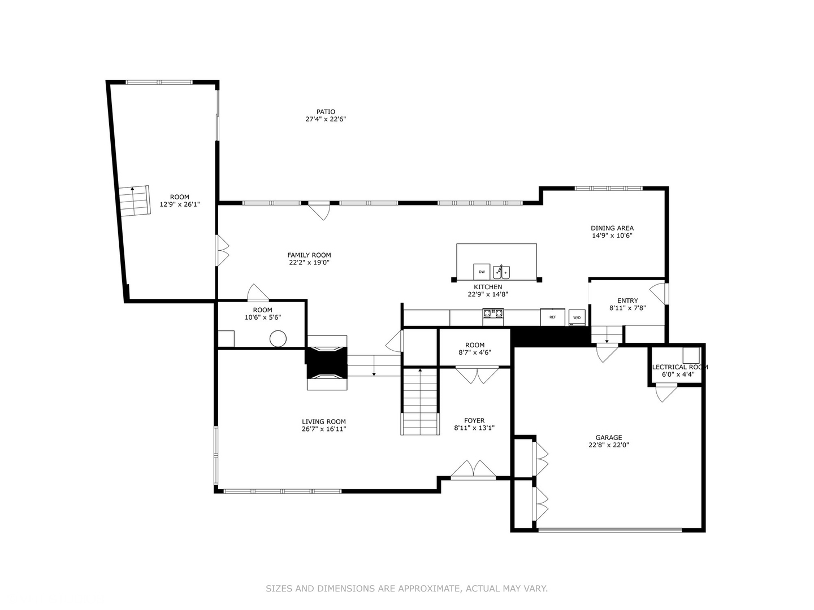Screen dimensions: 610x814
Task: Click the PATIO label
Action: (325, 112)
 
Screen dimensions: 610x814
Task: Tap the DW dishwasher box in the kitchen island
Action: (482, 272)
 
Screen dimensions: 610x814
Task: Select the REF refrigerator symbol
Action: (552, 317)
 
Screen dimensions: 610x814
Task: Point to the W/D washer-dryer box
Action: (577, 317)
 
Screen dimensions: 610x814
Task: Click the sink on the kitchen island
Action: (501, 272)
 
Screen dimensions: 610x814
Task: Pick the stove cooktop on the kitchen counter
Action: (493, 313)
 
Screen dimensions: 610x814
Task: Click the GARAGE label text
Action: (608, 437)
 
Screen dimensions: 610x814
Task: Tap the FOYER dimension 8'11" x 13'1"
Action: (474, 428)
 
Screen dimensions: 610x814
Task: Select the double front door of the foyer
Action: (474, 470)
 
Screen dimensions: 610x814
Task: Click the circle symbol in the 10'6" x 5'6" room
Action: (278, 339)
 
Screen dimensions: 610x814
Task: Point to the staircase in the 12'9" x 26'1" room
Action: (135, 200)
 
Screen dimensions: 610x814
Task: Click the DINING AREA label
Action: (612, 228)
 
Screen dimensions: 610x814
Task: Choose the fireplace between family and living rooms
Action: (327, 362)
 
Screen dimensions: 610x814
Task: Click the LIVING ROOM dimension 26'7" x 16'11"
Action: (323, 429)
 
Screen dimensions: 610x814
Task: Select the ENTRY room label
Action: (627, 300)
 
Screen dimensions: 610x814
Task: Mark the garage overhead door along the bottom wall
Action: (610, 530)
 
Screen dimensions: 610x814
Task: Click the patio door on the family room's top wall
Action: (319, 211)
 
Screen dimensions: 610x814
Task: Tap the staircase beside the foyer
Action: (420, 401)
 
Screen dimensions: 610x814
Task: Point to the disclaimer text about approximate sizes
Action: (406, 589)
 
